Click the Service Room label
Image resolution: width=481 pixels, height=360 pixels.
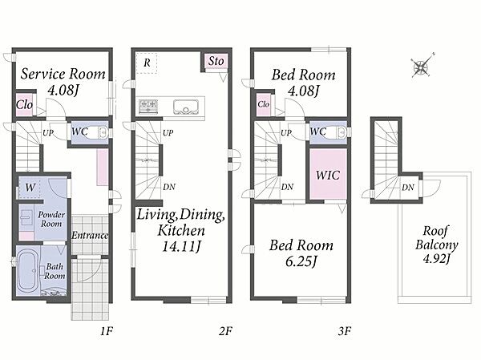click(63, 74)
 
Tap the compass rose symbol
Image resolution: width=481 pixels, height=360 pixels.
click(421, 67)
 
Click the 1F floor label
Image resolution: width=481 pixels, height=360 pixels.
click(107, 331)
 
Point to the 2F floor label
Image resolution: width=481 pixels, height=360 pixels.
click(225, 331)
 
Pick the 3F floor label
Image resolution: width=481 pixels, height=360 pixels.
click(345, 331)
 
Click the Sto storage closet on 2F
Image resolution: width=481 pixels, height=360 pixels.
click(216, 61)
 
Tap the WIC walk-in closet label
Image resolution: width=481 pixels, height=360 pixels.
click(328, 176)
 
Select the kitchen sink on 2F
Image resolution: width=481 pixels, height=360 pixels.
click(186, 107)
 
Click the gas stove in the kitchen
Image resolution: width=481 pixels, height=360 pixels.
click(148, 107)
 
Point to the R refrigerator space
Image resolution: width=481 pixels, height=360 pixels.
click(147, 63)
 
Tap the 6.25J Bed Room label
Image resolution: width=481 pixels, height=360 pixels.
click(301, 253)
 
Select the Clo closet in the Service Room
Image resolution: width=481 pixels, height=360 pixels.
click(24, 104)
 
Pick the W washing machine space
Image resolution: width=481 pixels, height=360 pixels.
click(30, 187)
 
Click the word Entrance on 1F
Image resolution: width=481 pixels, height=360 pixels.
click(90, 236)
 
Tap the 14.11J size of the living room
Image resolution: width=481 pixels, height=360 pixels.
click(181, 246)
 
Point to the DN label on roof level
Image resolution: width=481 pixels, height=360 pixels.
click(408, 187)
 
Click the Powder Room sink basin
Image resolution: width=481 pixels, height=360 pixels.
click(26, 217)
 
